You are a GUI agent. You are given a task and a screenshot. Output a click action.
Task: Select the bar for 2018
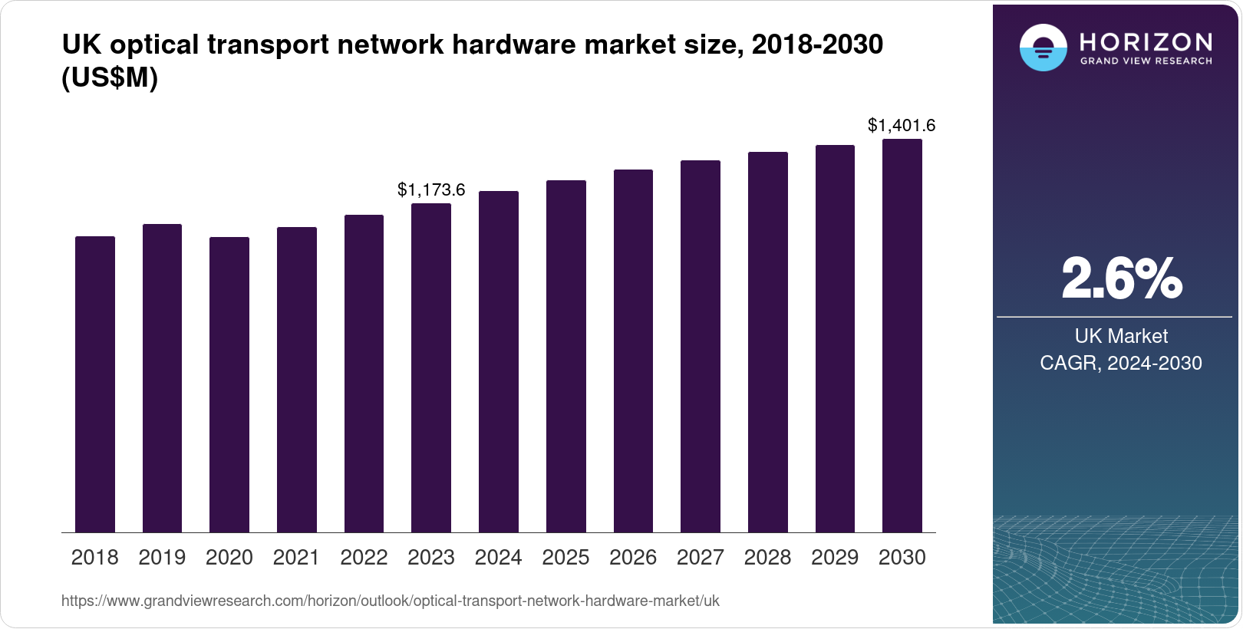(95, 384)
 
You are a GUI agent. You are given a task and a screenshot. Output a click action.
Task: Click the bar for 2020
(229, 384)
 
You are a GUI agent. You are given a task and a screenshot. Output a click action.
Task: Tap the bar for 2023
(431, 368)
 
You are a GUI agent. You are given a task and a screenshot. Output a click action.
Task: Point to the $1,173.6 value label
(431, 189)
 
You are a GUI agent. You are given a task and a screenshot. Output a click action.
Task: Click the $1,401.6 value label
(902, 125)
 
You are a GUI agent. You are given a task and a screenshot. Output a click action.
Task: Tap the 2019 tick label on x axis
(162, 558)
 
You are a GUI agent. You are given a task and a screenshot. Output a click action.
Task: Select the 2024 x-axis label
(498, 558)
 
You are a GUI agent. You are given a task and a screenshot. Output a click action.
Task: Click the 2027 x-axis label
(701, 558)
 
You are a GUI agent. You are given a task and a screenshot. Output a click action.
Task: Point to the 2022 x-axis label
(364, 558)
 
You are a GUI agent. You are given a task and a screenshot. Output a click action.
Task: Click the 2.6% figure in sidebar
(1121, 278)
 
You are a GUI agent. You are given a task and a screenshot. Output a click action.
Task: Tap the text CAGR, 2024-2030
(1121, 363)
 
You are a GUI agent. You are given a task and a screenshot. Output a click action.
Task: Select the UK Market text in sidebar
(1121, 336)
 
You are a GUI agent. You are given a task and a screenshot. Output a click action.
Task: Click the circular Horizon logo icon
(1043, 48)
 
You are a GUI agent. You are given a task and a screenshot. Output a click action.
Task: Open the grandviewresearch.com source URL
(390, 601)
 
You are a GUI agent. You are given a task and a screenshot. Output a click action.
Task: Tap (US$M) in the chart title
(110, 77)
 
